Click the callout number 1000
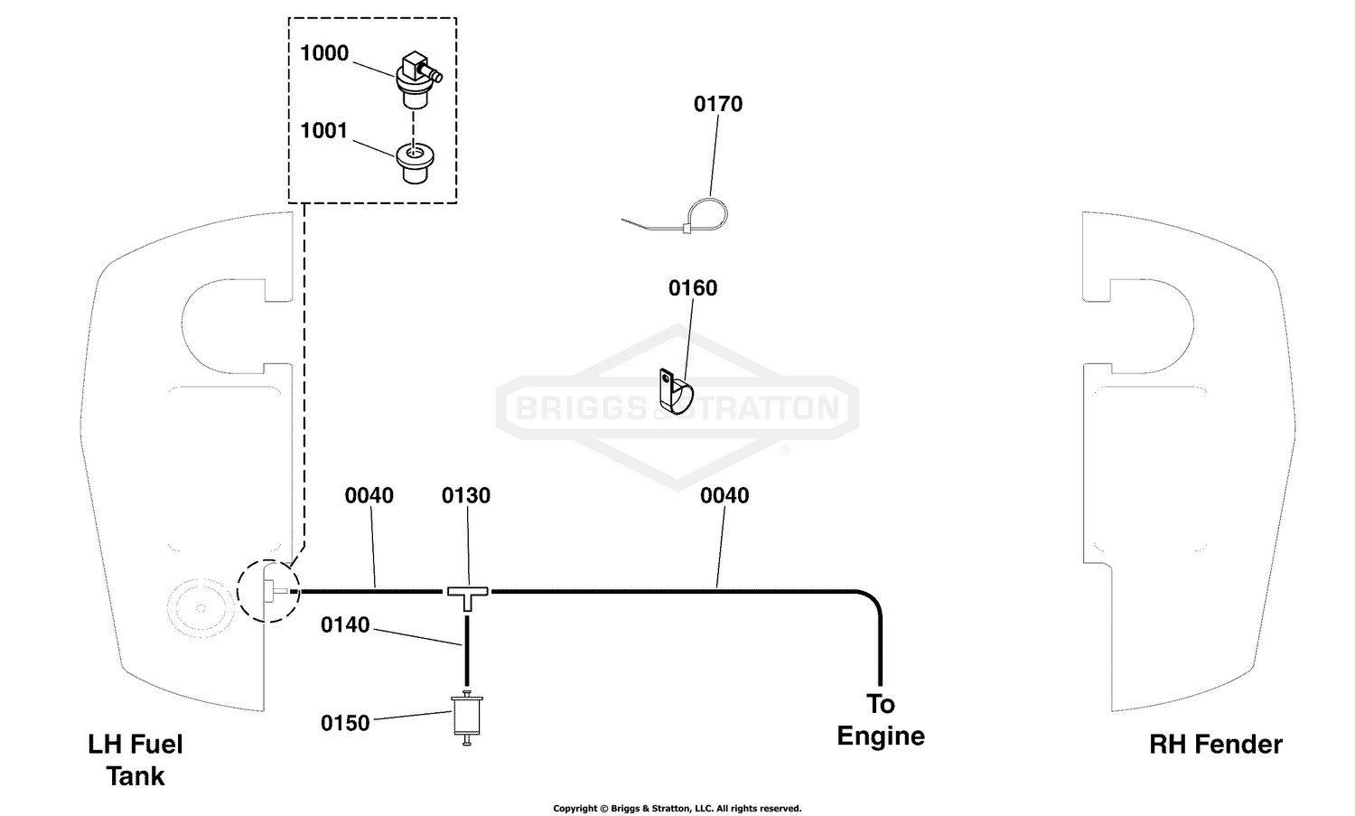324,53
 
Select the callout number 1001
323,131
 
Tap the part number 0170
718,104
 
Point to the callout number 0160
693,288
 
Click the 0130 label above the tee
466,496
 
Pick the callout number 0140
345,624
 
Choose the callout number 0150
345,724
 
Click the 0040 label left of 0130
369,496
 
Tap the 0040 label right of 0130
724,496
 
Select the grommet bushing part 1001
415,163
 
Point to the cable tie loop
706,214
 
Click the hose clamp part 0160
675,392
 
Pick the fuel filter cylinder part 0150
467,718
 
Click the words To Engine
881,720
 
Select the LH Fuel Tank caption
135,760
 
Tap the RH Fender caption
1215,745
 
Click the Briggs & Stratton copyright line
677,808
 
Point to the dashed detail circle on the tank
237,591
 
